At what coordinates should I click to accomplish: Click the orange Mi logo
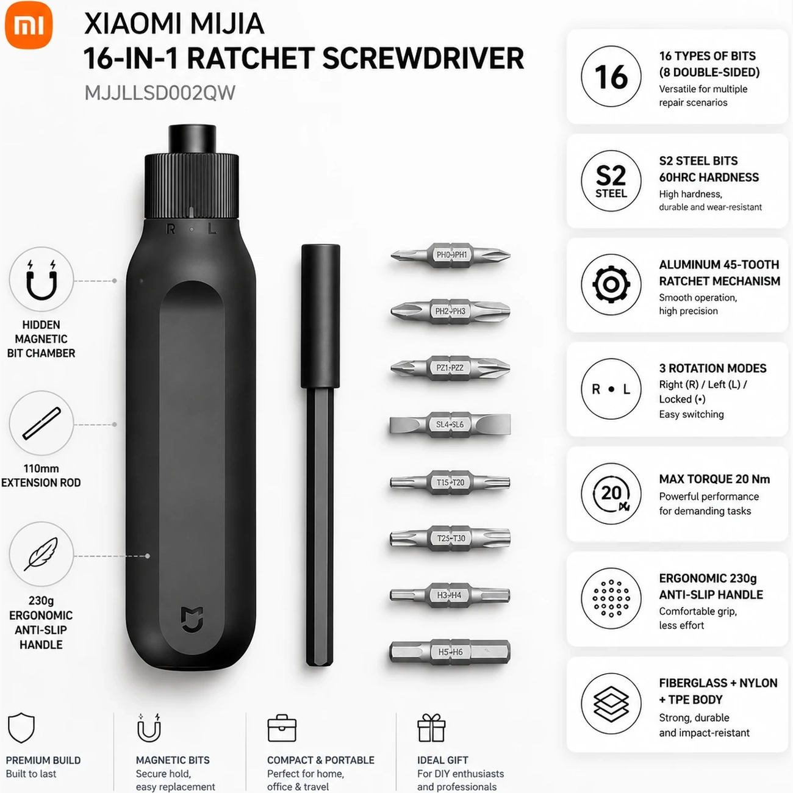tap(29, 25)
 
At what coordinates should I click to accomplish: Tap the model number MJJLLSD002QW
tap(160, 93)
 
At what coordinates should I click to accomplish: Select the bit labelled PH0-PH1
tap(450, 255)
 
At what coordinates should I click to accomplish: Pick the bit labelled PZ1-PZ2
tap(450, 367)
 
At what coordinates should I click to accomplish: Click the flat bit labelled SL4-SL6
tap(450, 425)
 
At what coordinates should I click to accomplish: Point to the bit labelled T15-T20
tap(450, 482)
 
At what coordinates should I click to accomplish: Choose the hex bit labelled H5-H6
tap(450, 652)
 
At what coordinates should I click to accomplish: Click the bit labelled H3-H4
tap(450, 595)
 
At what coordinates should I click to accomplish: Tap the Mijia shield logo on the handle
tap(192, 619)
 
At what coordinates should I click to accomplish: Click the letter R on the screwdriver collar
tap(170, 229)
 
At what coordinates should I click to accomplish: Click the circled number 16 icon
tap(611, 76)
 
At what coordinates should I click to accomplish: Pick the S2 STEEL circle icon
tap(611, 181)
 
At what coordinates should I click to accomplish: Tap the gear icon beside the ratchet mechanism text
tap(611, 284)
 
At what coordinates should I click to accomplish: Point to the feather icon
tap(41, 554)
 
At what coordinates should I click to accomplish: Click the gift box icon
tap(431, 728)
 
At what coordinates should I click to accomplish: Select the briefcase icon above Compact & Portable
tap(282, 728)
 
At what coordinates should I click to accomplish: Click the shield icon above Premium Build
tap(21, 728)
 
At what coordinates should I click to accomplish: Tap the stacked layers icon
tap(611, 704)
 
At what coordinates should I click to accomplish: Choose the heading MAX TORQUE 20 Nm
tap(714, 479)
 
